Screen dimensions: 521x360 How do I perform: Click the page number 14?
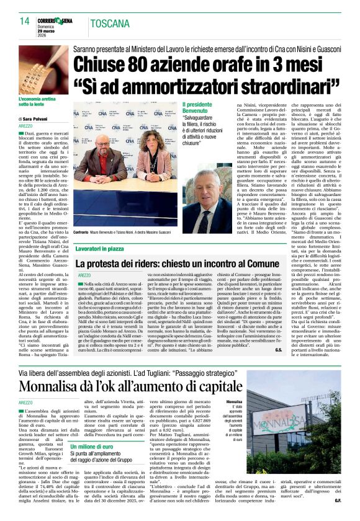(25, 21)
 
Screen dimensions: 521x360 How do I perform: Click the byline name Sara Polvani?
(41, 118)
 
